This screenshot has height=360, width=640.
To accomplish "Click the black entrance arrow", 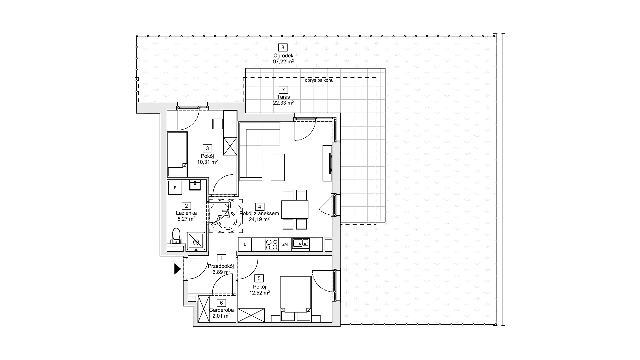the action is click(x=177, y=269).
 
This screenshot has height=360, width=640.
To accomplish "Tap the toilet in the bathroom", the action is click(x=176, y=235).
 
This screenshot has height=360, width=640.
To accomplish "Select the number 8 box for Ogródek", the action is click(x=283, y=48).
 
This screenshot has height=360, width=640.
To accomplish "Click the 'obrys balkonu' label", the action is click(x=319, y=80).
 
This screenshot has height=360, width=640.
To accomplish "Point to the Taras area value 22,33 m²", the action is click(x=283, y=103).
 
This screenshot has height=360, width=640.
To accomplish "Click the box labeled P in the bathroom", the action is click(x=175, y=188).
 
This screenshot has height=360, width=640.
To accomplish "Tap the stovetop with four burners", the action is click(x=272, y=244).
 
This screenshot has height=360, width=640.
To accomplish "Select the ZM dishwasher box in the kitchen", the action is click(x=285, y=244).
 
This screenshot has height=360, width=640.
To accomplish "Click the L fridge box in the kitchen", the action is click(x=245, y=244).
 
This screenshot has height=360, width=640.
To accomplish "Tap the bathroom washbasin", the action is click(x=195, y=185).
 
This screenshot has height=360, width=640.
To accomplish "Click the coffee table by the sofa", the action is click(x=278, y=167).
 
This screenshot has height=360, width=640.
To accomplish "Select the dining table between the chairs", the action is click(x=295, y=209).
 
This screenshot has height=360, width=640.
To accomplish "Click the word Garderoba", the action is click(x=221, y=310).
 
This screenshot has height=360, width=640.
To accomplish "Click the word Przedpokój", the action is click(x=221, y=266).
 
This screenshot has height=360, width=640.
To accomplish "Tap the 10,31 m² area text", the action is click(x=207, y=162).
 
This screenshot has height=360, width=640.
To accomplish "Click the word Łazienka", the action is click(x=186, y=213).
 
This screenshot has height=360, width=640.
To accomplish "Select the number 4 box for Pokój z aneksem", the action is click(x=259, y=207).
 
